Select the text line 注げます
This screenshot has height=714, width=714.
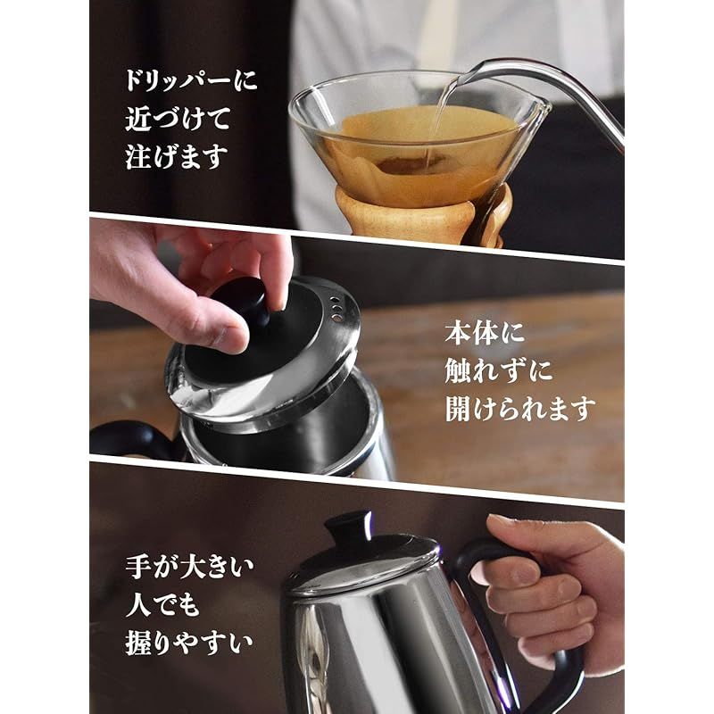pos(177,158)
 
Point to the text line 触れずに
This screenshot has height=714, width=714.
pos(500,372)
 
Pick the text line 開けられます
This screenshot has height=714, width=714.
pos(519,410)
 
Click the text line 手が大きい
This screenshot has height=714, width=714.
pos(190,566)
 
